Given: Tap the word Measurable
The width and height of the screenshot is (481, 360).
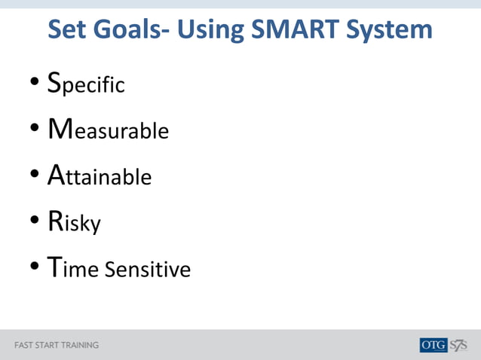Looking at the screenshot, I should click(108, 130).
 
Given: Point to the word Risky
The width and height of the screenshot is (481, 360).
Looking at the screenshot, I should click(74, 222).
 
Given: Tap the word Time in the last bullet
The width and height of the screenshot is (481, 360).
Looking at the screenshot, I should click(73, 269).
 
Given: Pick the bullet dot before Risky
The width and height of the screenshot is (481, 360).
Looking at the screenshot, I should click(35, 223).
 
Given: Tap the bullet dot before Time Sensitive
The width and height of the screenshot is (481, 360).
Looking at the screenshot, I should click(35, 270).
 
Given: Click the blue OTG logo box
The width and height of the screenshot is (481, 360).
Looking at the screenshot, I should click(434, 345).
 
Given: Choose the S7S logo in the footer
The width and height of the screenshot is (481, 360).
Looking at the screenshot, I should click(459, 345).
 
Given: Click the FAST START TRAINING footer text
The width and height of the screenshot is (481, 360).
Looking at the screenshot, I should click(57, 346).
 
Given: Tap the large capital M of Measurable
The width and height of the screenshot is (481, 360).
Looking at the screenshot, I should click(60, 129).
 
